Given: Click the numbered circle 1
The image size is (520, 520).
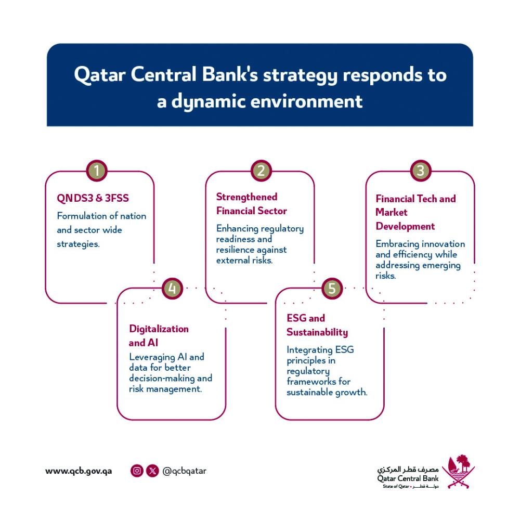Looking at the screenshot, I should [x=97, y=171].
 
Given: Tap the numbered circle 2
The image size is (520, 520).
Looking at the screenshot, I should [x=261, y=171].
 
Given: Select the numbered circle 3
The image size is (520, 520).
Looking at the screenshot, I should [x=420, y=171].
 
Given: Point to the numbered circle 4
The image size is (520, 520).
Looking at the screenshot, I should [x=172, y=288].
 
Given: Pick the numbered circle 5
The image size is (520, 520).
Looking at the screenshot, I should [x=332, y=288].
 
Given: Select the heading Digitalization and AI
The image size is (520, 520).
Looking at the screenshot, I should [x=159, y=336].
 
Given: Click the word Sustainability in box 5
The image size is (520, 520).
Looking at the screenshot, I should [x=317, y=332].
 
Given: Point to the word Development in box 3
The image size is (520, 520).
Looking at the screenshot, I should [x=405, y=226].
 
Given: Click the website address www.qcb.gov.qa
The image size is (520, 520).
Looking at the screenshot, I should [x=79, y=471].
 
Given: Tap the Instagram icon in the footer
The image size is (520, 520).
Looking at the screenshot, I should [x=137, y=471].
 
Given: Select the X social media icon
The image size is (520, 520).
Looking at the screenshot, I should [x=152, y=471].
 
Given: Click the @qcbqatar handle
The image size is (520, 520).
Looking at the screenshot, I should [x=185, y=471].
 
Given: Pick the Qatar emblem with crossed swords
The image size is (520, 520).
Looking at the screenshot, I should [x=458, y=471].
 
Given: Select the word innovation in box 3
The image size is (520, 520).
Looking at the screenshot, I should [x=444, y=244].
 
